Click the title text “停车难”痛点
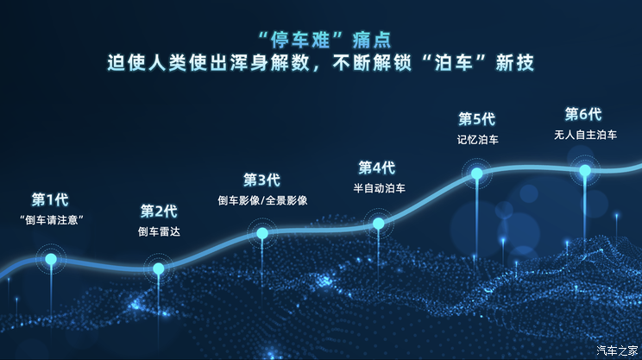(x=321, y=38)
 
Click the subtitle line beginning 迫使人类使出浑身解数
(x=321, y=62)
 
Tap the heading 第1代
(x=50, y=199)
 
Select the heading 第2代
(x=159, y=211)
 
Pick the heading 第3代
(x=262, y=180)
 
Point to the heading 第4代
(x=377, y=167)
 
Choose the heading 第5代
(x=476, y=118)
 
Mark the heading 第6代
(x=583, y=114)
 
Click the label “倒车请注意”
(x=50, y=220)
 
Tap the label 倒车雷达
(x=159, y=231)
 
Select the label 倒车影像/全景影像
(x=262, y=200)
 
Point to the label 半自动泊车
(x=379, y=187)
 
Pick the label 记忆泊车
(x=476, y=139)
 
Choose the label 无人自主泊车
(x=585, y=135)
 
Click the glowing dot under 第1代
(x=51, y=258)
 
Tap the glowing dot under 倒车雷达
(x=159, y=268)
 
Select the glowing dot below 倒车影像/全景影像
(x=262, y=233)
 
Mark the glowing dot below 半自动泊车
(x=379, y=224)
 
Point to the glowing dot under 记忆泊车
(x=476, y=174)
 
